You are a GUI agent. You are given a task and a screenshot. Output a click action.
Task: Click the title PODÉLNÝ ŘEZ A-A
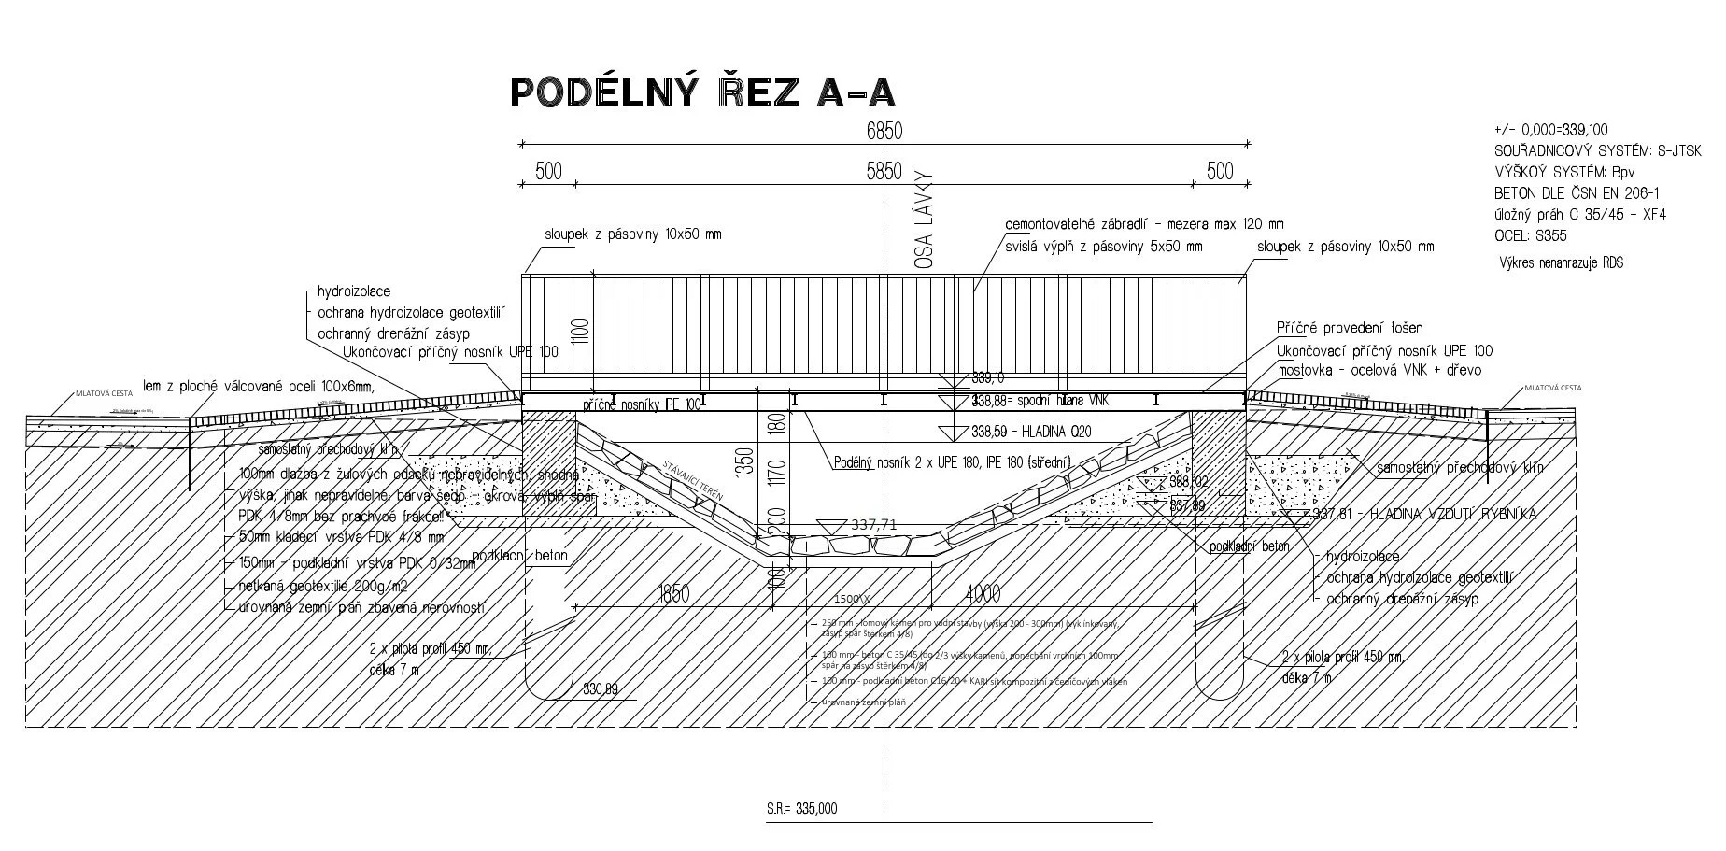[702, 92]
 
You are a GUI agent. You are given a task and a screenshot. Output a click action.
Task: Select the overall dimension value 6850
[884, 132]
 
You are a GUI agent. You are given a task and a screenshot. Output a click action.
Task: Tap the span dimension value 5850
[884, 171]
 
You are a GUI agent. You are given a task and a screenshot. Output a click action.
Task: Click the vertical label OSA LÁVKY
[926, 220]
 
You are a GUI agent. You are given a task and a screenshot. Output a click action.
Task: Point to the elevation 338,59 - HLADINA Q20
[1030, 432]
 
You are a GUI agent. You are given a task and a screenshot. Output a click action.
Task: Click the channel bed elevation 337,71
[873, 525]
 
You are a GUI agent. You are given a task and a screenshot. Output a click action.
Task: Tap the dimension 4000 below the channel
[983, 594]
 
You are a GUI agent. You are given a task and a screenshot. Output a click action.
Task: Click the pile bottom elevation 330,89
[601, 689]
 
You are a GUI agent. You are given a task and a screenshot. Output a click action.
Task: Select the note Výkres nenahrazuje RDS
[1561, 263]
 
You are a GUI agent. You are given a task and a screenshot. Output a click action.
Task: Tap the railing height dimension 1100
[580, 331]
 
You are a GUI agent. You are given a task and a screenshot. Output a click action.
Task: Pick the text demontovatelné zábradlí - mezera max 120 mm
[1144, 225]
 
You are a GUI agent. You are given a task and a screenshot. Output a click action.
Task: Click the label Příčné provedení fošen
[1350, 328]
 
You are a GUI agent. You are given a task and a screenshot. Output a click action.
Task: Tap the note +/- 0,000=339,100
[1551, 130]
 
